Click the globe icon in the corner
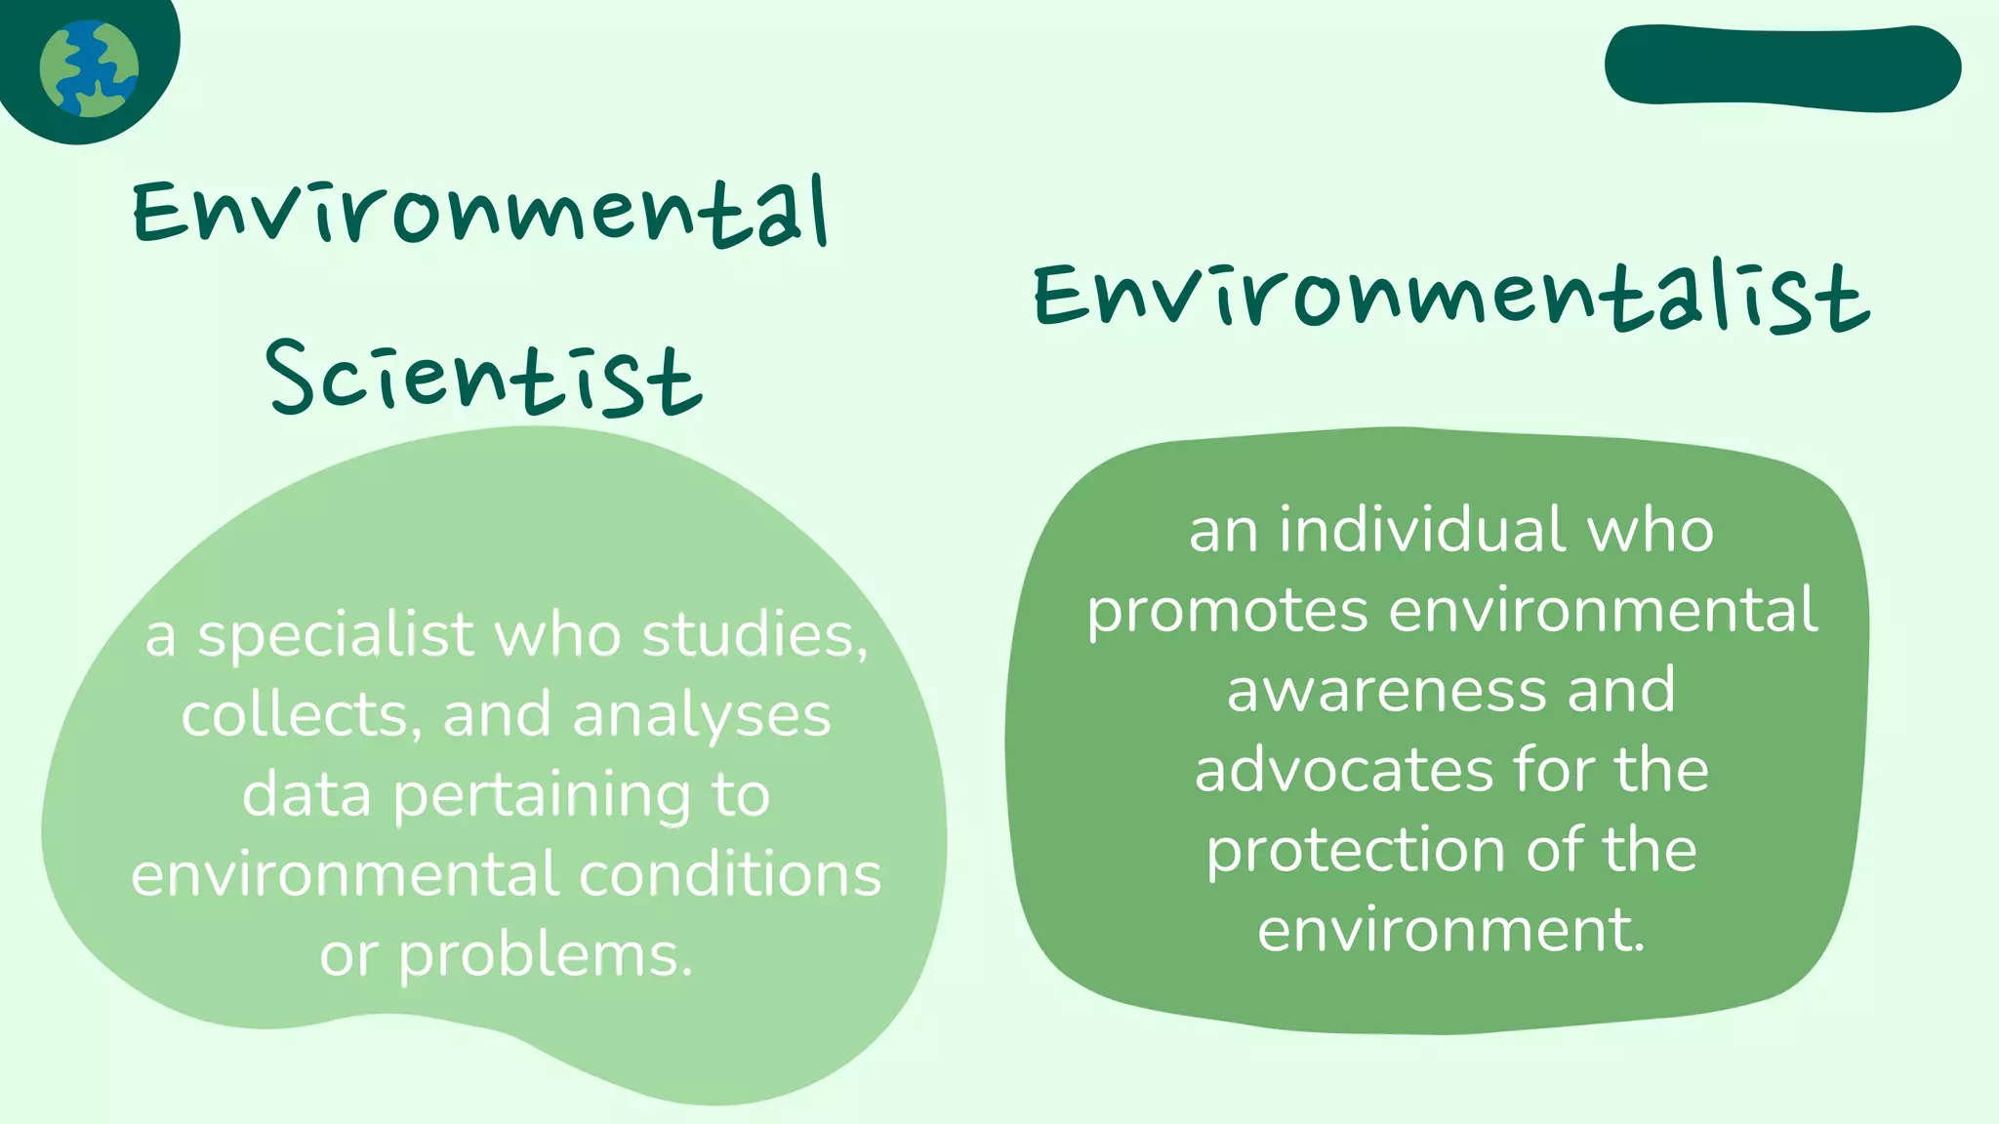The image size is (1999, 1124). pyautogui.click(x=89, y=68)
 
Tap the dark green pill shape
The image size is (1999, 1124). pyautogui.click(x=1782, y=66)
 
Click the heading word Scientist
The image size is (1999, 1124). pyautogui.click(x=483, y=378)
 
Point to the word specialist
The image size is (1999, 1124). pyautogui.click(x=336, y=635)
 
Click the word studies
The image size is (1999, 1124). pyautogui.click(x=754, y=635)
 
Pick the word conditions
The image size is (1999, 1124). pyautogui.click(x=730, y=874)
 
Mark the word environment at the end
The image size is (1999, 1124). pyautogui.click(x=1450, y=929)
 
